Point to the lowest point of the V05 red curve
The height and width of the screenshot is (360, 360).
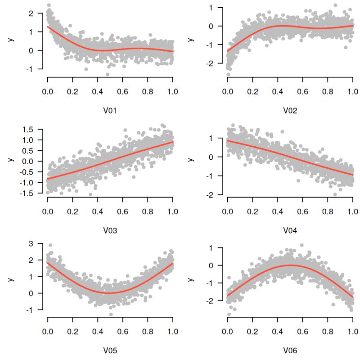(x=110, y=293)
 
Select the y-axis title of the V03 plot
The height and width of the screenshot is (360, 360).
(x=10, y=162)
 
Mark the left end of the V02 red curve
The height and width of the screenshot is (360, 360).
(x=228, y=51)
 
